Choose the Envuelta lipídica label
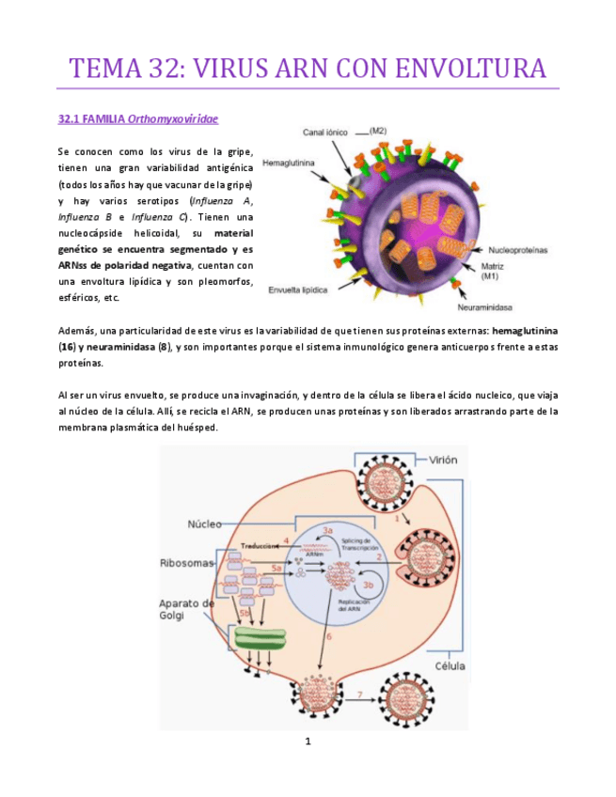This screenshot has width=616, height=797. [x=298, y=289]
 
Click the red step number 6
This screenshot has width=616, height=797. [x=329, y=636]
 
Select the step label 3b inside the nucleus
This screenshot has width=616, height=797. [x=370, y=585]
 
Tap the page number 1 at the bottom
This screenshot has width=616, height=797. [x=308, y=742]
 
